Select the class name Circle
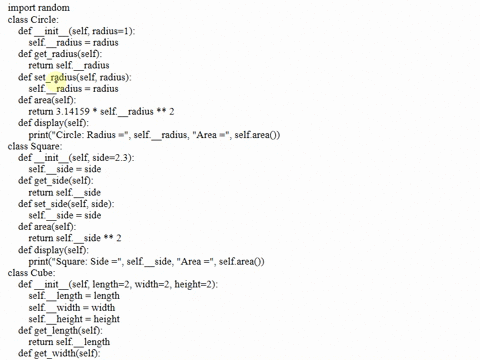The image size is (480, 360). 45,19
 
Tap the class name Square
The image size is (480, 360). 46,146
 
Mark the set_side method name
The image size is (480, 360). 58,203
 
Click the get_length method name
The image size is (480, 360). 62,330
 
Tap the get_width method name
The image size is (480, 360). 60,353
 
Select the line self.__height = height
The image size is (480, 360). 74,319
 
